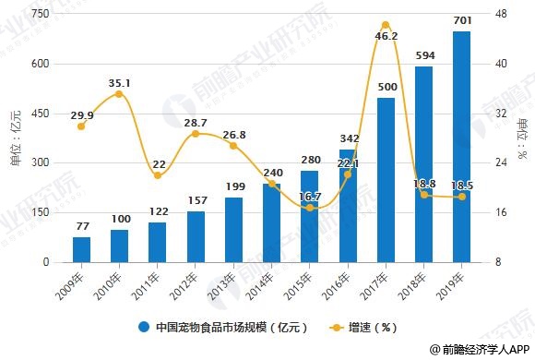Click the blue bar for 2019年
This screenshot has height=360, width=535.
pyautogui.click(x=461, y=148)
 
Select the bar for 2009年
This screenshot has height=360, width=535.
pyautogui.click(x=82, y=249)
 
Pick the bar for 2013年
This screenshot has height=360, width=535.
pyautogui.click(x=233, y=230)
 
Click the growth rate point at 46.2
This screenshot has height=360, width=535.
pyautogui.click(x=386, y=25)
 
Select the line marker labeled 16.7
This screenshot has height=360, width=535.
pyautogui.click(x=310, y=208)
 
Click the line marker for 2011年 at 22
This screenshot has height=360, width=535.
pyautogui.click(x=158, y=175)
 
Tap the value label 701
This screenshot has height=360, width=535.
pyautogui.click(x=461, y=18)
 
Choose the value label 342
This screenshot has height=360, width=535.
pyautogui.click(x=348, y=138)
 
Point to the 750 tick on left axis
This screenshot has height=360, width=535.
pyautogui.click(x=40, y=15)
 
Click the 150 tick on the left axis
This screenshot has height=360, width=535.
pyautogui.click(x=40, y=212)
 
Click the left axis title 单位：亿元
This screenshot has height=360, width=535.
pyautogui.click(x=14, y=138)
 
